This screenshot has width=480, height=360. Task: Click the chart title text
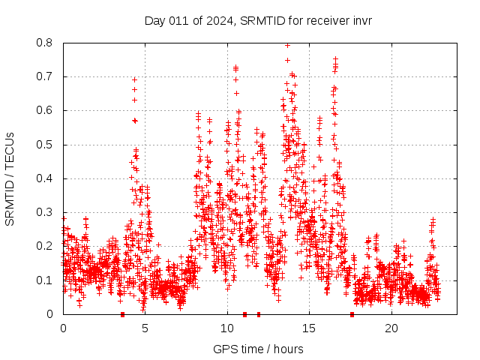click(258, 20)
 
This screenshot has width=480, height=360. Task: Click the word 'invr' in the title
click(361, 20)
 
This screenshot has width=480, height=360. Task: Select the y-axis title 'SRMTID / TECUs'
click(10, 178)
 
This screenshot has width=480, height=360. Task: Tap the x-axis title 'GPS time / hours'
click(258, 349)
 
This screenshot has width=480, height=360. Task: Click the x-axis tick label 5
click(145, 328)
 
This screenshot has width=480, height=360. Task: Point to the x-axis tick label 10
click(227, 328)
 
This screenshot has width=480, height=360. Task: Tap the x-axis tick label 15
click(309, 328)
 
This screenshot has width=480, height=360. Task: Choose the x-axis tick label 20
click(391, 328)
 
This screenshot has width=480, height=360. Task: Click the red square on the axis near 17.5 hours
click(352, 314)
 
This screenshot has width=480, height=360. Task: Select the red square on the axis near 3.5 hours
click(122, 314)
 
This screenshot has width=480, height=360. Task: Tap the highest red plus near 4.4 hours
click(135, 79)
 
